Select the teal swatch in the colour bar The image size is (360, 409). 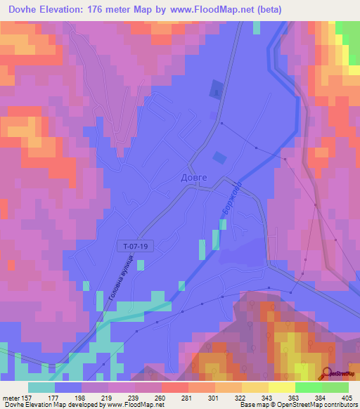[x=41, y=387]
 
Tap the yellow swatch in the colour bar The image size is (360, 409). [x=282, y=387]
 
